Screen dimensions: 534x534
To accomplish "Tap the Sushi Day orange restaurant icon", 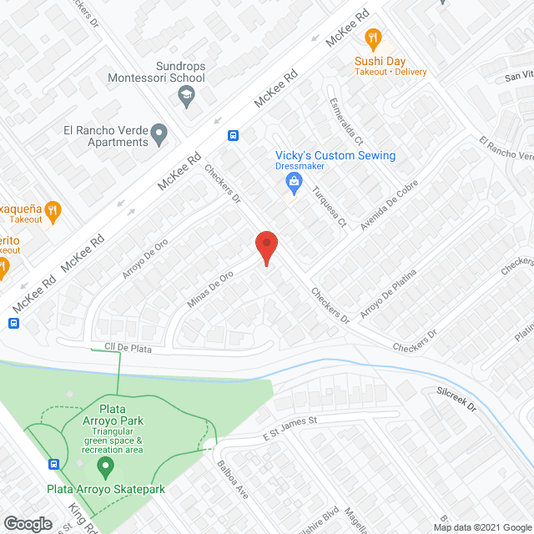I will [x=373, y=38].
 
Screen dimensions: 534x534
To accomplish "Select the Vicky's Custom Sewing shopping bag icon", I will [x=293, y=181].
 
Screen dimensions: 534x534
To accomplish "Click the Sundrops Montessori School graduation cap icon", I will [x=184, y=98].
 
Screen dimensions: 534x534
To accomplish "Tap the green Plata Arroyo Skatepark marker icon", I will [x=104, y=465].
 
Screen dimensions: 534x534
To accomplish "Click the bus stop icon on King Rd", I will [x=55, y=464].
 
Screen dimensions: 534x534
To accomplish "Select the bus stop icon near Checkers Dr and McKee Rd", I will [x=234, y=136].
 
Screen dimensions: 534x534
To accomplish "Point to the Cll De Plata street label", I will [x=128, y=349].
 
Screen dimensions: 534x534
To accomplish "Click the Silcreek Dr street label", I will [x=456, y=399].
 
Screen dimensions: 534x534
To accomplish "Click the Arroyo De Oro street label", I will [x=145, y=259].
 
